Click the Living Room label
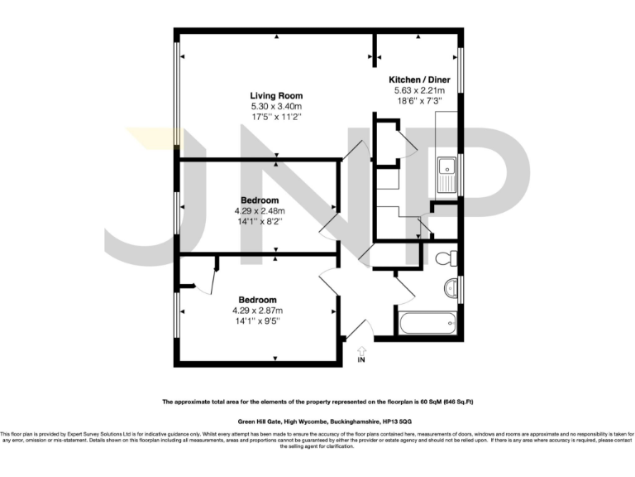276,95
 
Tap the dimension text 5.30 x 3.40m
276,106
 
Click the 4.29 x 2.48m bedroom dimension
259,211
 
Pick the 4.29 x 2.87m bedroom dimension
257,311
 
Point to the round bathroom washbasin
451,288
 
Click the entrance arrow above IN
360,351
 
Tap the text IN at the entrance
360,361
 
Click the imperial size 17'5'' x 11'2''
276,117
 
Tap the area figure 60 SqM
431,402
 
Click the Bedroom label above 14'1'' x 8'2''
259,200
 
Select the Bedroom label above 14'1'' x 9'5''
257,300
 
